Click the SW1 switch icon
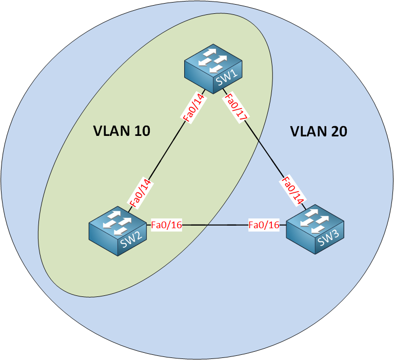coord(213,69)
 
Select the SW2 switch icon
coord(117,231)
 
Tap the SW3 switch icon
coord(315,229)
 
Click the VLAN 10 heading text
coord(122,131)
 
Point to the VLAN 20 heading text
coord(319,131)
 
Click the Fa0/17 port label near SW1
coord(236,108)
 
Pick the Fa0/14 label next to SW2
coord(140,193)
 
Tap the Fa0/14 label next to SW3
coord(292,191)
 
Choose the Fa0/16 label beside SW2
coord(166,225)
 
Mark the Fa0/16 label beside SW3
coord(264,225)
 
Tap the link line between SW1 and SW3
coord(264,149)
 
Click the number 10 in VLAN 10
coord(142,131)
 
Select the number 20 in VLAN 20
coord(339,131)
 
